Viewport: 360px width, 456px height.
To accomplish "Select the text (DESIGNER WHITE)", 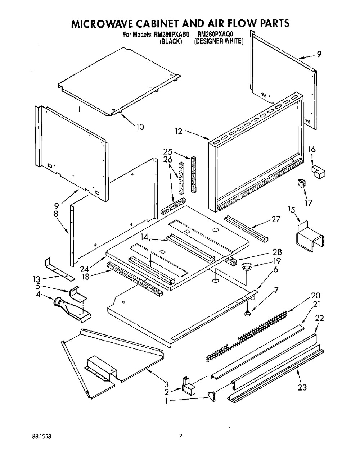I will tap(219, 41).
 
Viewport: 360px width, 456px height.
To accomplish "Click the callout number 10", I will tap(140, 127).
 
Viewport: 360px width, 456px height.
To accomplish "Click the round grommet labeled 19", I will tap(247, 266).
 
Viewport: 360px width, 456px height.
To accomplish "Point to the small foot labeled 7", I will tap(247, 314).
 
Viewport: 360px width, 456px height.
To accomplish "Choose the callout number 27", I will tap(275, 219).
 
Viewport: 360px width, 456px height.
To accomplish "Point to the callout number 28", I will tap(277, 252).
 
